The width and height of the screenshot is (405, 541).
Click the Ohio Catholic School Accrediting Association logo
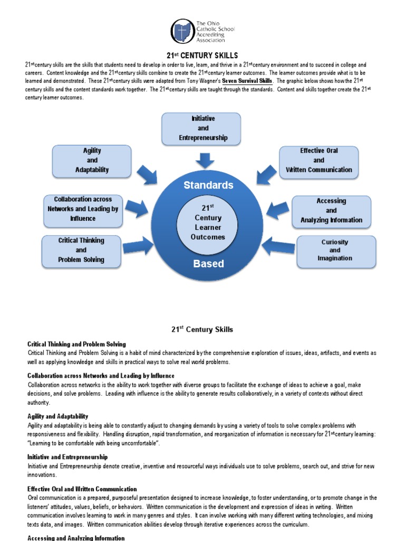point(182,31)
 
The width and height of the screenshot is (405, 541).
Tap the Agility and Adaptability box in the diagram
point(92,161)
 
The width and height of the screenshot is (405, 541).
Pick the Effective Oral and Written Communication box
point(319,161)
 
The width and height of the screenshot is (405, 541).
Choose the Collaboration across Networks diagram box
point(83,209)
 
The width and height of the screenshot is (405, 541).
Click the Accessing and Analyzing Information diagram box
point(331,211)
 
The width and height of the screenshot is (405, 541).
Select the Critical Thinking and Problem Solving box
point(81,250)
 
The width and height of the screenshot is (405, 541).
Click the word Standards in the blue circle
point(208,185)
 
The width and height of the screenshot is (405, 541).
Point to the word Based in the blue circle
point(208,264)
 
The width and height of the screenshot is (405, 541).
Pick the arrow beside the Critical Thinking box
point(138,246)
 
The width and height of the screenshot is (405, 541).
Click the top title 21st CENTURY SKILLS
point(202,55)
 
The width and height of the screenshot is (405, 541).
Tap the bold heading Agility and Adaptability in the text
point(58,416)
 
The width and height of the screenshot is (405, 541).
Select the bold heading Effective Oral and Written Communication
point(82,489)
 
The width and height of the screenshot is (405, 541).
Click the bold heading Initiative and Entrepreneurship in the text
point(67,456)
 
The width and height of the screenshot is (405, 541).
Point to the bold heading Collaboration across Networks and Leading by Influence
point(101,376)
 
